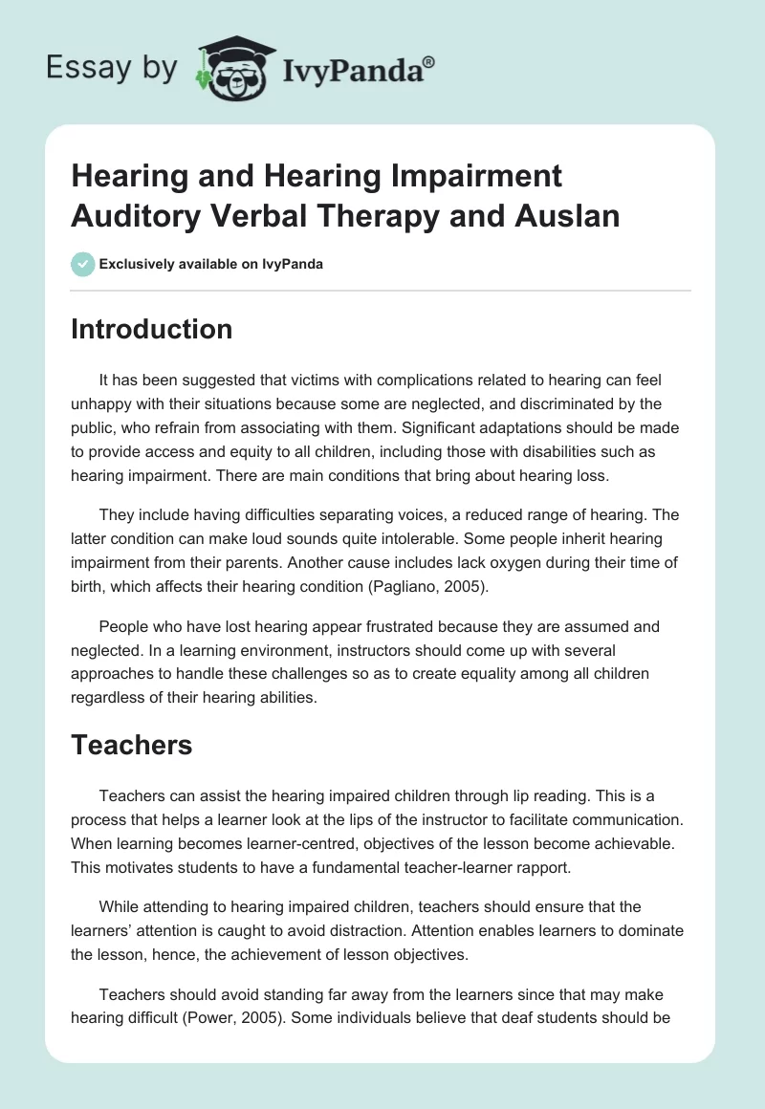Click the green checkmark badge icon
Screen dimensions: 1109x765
(82, 264)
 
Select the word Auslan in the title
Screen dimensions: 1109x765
(569, 215)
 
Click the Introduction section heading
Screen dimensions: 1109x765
(151, 329)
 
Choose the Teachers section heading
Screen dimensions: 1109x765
(131, 745)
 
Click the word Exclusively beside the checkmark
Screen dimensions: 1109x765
(140, 264)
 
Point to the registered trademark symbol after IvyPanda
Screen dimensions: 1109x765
(429, 60)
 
